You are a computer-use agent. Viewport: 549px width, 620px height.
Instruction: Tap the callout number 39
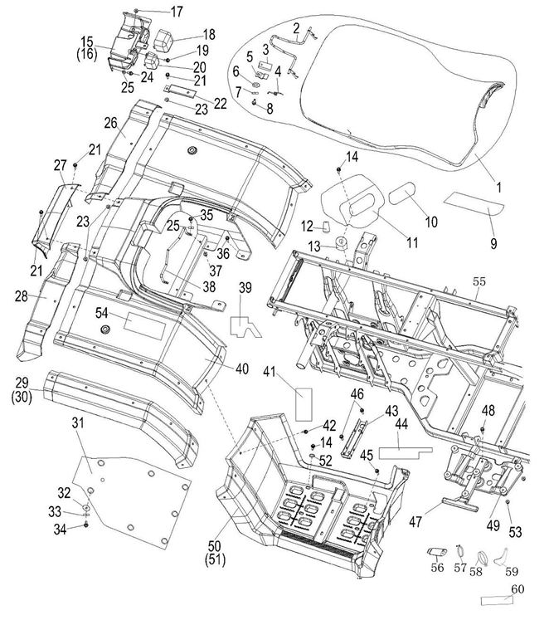(x=245, y=287)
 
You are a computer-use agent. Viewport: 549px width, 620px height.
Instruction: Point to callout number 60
(x=517, y=588)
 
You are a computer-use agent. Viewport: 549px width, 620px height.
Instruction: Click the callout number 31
(x=78, y=423)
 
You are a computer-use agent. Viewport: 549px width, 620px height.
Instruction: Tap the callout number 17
(x=177, y=11)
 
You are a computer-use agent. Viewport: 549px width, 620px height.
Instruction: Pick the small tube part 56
(x=436, y=552)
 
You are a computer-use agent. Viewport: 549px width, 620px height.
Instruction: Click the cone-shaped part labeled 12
(x=325, y=225)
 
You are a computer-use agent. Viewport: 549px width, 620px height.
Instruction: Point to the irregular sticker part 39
(x=246, y=327)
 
